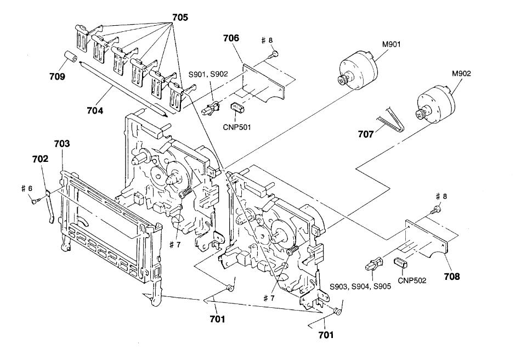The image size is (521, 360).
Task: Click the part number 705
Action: coord(180,17)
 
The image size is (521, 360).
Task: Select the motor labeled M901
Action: coord(358,70)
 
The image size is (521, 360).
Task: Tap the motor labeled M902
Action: coord(435,104)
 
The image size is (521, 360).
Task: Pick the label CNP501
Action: coord(237,127)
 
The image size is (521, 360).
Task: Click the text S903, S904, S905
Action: coord(360,286)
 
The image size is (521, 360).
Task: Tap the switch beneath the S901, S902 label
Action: coord(211,108)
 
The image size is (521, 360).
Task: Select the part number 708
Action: coord(452,276)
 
